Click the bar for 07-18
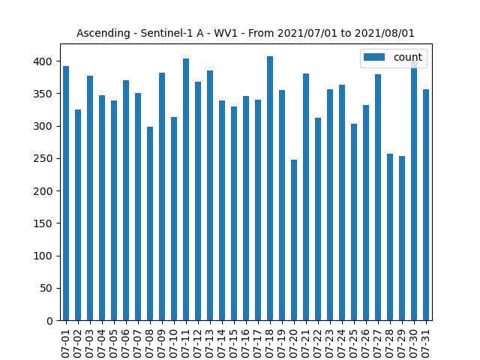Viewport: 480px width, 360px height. (x=270, y=188)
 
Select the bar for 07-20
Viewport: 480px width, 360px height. (x=294, y=240)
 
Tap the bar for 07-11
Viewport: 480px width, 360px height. (x=186, y=190)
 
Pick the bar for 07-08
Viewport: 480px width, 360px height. (x=150, y=223)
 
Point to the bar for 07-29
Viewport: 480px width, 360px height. (x=402, y=238)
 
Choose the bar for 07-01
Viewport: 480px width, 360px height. (x=66, y=193)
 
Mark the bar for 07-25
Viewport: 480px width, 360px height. (x=354, y=222)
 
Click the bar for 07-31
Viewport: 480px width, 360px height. (x=426, y=205)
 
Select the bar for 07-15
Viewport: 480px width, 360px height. (x=234, y=214)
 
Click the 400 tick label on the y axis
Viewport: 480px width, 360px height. (x=43, y=61)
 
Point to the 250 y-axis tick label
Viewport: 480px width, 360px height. (x=43, y=158)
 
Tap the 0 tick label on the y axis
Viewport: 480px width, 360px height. (x=49, y=321)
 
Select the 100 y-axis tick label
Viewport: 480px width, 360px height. (x=43, y=256)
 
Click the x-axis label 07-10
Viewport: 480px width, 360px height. (x=173, y=343)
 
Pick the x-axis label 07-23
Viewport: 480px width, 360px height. (x=329, y=343)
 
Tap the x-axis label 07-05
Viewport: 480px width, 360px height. (x=113, y=343)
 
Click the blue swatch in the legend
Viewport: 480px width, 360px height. (x=374, y=57)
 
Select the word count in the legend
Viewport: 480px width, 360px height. (x=408, y=57)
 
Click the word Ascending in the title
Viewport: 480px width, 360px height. (x=103, y=33)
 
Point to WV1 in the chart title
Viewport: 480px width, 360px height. (x=226, y=33)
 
